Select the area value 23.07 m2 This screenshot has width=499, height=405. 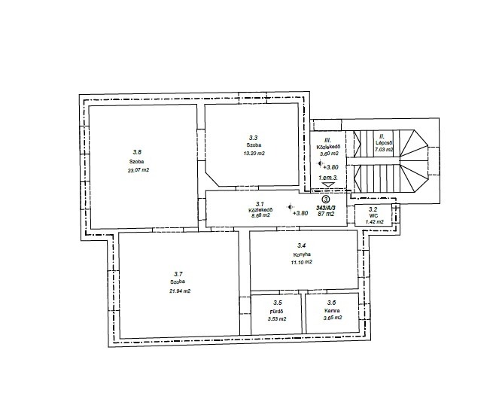click(x=138, y=170)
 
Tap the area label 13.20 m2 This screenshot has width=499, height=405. click(x=254, y=153)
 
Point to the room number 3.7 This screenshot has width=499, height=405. click(x=178, y=274)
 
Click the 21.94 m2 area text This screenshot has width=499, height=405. click(x=180, y=291)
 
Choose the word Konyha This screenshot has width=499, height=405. click(x=302, y=254)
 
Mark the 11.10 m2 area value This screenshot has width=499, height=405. click(x=301, y=262)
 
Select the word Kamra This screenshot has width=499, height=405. click(x=332, y=310)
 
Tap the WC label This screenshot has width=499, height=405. click(x=374, y=215)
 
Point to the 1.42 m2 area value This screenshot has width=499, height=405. click(x=374, y=222)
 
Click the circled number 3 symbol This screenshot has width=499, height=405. click(x=326, y=199)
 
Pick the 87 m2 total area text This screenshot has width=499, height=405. click(x=326, y=214)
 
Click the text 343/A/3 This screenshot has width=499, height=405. click(x=326, y=207)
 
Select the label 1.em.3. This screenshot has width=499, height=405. click(x=328, y=178)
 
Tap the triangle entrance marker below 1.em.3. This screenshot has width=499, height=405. click(x=328, y=184)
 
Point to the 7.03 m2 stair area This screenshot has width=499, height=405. click(x=384, y=149)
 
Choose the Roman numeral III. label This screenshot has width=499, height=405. click(x=327, y=140)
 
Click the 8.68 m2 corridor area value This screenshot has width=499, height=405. click(x=260, y=215)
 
